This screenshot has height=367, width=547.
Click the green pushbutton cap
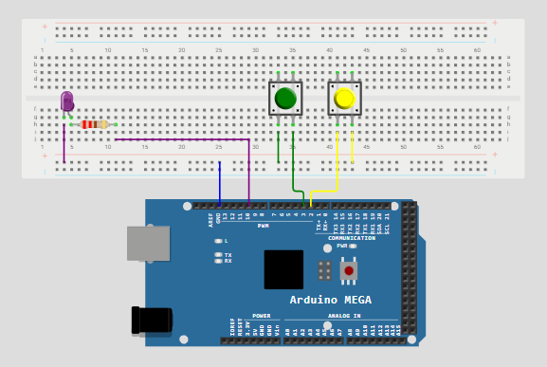[285, 98]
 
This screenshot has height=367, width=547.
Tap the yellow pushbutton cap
[344, 98]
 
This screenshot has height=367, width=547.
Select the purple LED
[66, 101]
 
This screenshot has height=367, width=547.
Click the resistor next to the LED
[93, 124]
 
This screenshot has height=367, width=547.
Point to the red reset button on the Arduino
[349, 270]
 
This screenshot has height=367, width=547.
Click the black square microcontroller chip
[283, 268]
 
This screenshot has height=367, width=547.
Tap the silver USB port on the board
[148, 243]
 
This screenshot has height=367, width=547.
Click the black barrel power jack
[152, 321]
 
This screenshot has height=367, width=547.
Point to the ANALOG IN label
[343, 316]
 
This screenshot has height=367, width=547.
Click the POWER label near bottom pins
[261, 316]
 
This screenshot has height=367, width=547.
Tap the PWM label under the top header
[264, 226]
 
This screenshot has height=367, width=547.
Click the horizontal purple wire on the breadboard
[180, 140]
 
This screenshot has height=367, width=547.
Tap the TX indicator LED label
[228, 255]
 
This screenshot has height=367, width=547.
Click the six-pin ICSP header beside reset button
[324, 270]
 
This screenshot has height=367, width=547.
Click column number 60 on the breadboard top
[477, 49]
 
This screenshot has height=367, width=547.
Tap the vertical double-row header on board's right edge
[409, 270]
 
